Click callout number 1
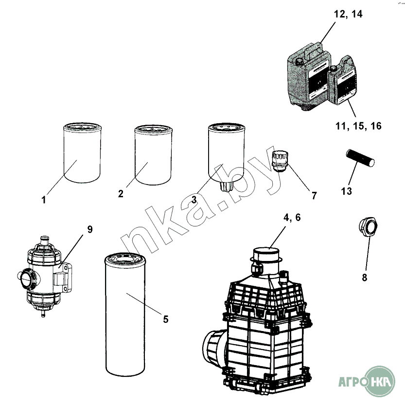[44, 200]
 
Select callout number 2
[121, 194]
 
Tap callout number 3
[194, 199]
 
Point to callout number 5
[166, 319]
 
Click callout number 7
[314, 195]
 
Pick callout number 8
[365, 277]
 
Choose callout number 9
[90, 229]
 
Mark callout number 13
[346, 191]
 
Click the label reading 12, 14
[348, 14]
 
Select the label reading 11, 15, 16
[358, 126]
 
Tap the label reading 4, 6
[292, 218]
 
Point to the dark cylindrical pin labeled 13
[360, 158]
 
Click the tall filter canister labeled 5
[125, 314]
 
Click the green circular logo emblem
[379, 381]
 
